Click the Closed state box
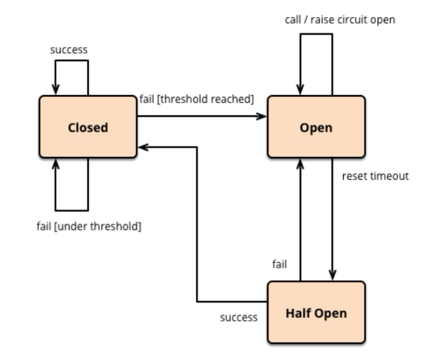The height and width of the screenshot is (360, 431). click(x=88, y=127)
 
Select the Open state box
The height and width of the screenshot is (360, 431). click(x=316, y=127)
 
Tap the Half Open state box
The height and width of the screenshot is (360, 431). click(x=316, y=313)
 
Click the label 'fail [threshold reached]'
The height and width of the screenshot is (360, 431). click(x=196, y=99)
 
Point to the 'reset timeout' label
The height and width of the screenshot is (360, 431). click(x=375, y=176)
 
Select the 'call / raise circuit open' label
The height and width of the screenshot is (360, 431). click(x=340, y=20)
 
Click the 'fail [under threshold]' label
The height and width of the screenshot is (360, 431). click(x=89, y=227)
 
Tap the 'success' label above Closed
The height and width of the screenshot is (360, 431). click(x=69, y=50)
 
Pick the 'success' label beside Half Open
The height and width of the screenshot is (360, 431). click(x=239, y=317)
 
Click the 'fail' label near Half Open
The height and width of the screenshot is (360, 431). click(x=280, y=264)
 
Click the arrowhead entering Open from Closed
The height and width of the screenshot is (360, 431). click(x=262, y=117)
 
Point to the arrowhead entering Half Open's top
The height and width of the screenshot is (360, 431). click(x=333, y=276)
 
